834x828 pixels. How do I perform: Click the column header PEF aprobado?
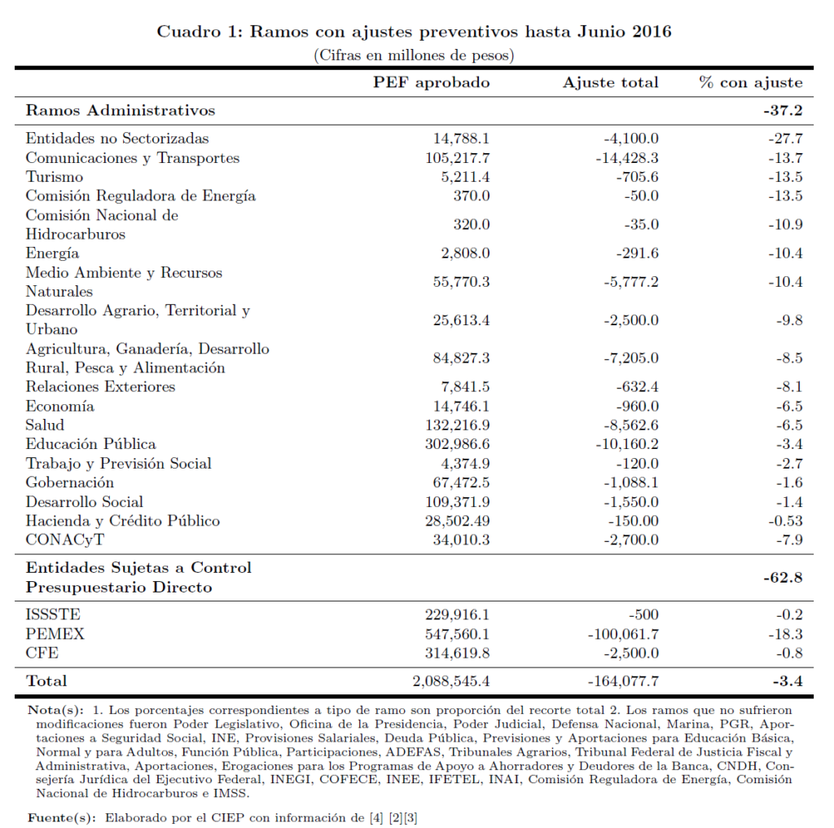click(x=432, y=82)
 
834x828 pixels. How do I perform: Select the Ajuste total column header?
click(x=610, y=82)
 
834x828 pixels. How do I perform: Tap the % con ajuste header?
click(x=750, y=82)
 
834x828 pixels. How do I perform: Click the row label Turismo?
click(x=54, y=177)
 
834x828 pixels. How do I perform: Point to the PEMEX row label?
click(x=55, y=633)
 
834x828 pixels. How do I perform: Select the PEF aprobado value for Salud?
click(x=458, y=425)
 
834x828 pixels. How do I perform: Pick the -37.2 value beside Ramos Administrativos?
click(x=784, y=110)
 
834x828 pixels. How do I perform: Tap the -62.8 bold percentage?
click(x=784, y=578)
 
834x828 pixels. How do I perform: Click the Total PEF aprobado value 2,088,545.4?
click(x=451, y=680)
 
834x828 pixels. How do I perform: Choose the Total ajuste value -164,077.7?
click(x=622, y=680)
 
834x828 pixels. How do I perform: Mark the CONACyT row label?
click(x=65, y=540)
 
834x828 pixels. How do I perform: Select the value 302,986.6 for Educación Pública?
click(x=458, y=444)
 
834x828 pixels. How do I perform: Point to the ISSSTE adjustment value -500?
click(x=643, y=614)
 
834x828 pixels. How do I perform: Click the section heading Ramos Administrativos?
click(x=121, y=110)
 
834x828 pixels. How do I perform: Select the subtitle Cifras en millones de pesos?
click(x=413, y=55)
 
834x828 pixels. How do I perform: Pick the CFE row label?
click(x=42, y=653)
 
